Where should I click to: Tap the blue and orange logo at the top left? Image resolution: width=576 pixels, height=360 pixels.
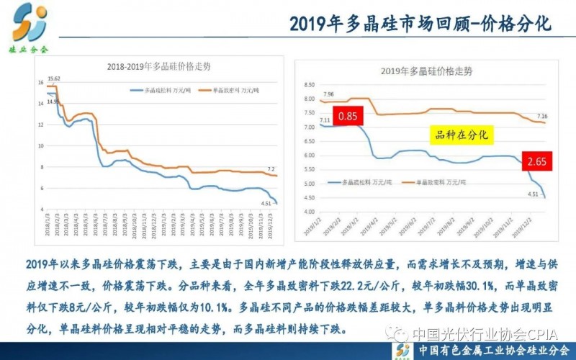point(30,23)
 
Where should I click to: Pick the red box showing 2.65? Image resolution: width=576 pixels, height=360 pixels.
point(534,161)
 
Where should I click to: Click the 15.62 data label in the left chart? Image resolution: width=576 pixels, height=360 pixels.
point(53,78)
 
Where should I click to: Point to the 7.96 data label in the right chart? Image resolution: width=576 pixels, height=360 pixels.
point(328,94)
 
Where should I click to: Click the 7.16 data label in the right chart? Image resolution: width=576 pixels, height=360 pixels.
point(541,115)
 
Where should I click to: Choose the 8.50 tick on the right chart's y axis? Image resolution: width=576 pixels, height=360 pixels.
point(310,86)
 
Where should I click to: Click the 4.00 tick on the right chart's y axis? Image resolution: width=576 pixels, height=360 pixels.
point(310,212)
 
